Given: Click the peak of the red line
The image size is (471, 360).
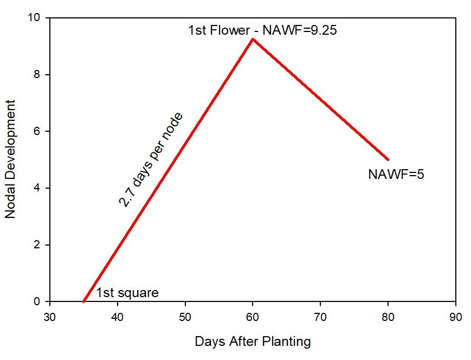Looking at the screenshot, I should coord(253,39).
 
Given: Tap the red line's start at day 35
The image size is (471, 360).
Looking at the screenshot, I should coord(84,301).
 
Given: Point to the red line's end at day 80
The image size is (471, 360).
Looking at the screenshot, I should coord(388,159).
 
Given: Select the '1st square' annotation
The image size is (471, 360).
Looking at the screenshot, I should coord(127,293).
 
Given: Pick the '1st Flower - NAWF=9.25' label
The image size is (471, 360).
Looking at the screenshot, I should coord(262,30).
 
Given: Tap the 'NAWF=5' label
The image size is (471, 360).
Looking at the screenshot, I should coord(396,175).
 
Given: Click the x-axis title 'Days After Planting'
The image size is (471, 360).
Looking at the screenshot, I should coord(253,342).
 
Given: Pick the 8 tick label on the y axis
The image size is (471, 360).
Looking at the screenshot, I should coord(37,74).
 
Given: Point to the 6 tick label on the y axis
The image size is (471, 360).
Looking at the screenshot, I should coord(37,131).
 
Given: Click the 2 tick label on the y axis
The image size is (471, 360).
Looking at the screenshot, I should coord(37,245).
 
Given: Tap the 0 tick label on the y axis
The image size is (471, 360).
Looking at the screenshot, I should coord(37,301).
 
